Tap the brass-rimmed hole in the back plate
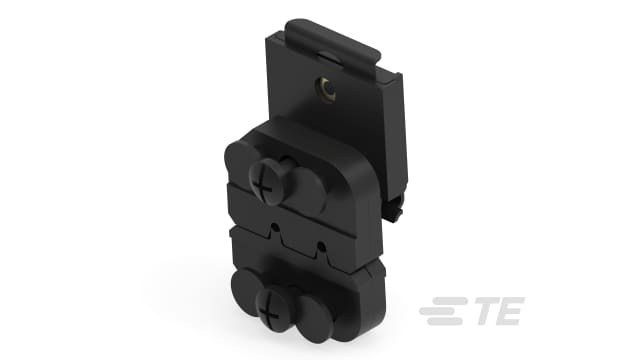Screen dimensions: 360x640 click(325, 94)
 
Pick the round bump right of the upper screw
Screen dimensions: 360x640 click(307, 187)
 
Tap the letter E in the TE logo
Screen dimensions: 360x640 click(508, 314)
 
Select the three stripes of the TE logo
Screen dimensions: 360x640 click(440, 314)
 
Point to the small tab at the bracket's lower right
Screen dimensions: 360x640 click(398, 212)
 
